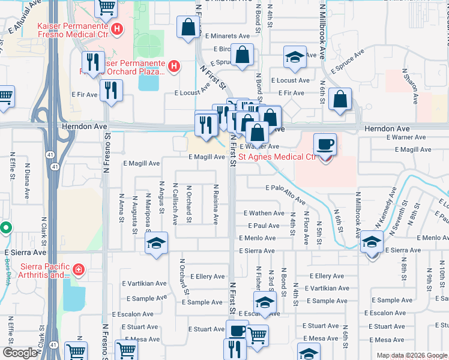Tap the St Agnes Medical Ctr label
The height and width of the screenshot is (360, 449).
pyautogui.click(x=277, y=157)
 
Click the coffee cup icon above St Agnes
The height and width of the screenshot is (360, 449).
pyautogui.click(x=325, y=145)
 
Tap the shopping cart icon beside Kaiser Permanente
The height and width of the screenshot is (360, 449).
pyautogui.click(x=106, y=7)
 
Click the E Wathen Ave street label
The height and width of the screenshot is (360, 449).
pyautogui.click(x=264, y=213)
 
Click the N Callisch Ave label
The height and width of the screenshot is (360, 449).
pyautogui.click(x=175, y=204)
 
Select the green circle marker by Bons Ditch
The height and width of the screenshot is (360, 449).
pyautogui.click(x=5, y=228)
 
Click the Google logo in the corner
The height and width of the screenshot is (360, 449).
pyautogui.click(x=19, y=353)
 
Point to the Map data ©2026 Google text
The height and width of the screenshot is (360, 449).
pyautogui.click(x=412, y=355)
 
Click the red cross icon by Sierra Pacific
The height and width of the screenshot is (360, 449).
pyautogui.click(x=79, y=271)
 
